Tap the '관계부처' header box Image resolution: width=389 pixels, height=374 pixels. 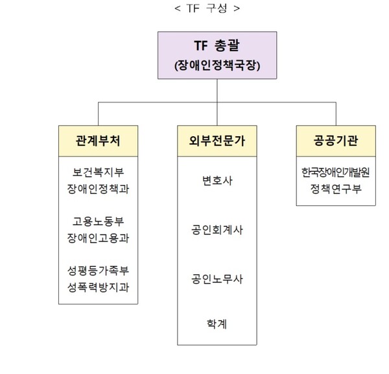[98, 141]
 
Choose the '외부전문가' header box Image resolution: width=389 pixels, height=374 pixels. [217, 141]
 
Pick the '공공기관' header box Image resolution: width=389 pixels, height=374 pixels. [335, 141]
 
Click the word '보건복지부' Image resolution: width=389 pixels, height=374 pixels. [98, 173]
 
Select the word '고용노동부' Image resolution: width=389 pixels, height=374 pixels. [98, 221]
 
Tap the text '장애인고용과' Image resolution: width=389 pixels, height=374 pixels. [98, 237]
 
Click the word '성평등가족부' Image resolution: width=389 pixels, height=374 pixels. [98, 269]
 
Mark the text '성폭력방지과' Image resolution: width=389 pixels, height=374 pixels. [98, 285]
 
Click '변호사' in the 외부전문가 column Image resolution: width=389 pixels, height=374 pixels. [217, 181]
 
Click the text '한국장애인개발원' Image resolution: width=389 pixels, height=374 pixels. [335, 173]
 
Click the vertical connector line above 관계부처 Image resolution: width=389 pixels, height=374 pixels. [98, 114]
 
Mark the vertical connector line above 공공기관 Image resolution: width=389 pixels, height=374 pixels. [335, 114]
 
